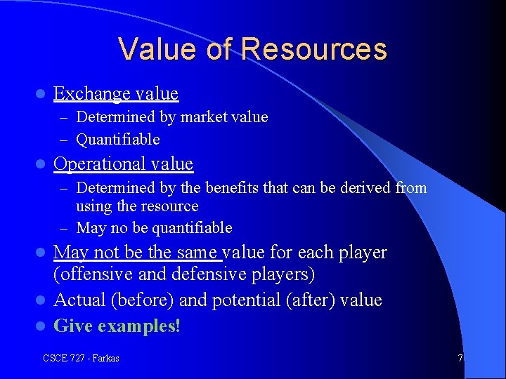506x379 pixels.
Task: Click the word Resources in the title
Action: point(313,49)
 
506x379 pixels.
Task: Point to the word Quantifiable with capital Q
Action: point(117,139)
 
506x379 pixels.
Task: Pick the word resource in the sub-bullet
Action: point(171,206)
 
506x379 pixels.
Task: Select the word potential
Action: point(244,300)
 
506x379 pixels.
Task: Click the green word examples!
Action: point(139,326)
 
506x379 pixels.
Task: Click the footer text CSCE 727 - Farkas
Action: point(81,358)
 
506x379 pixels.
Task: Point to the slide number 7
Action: point(460,358)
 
